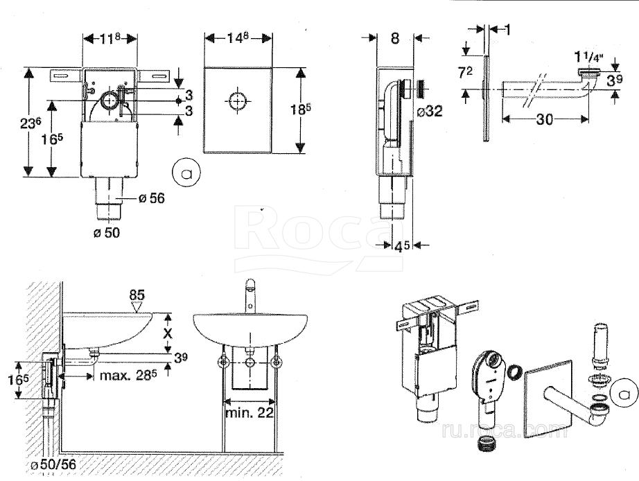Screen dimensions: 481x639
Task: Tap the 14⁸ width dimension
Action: click(x=237, y=39)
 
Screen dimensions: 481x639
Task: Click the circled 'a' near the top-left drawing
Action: click(x=185, y=170)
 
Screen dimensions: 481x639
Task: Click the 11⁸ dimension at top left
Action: click(x=110, y=39)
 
